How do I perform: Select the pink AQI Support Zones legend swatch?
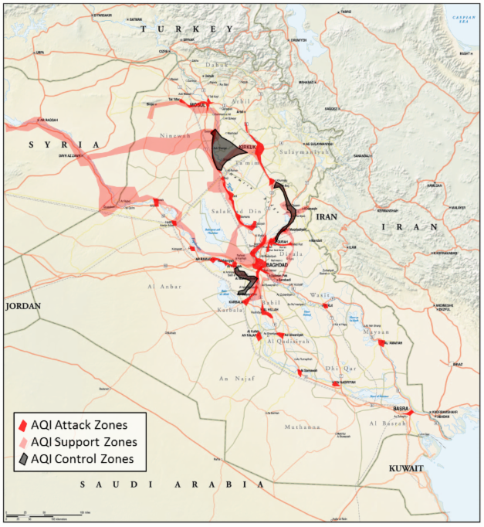click(x=24, y=443)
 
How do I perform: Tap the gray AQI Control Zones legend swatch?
click(x=24, y=460)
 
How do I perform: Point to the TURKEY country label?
click(x=185, y=28)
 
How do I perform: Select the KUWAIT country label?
click(x=406, y=469)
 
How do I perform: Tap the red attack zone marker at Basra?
click(x=411, y=413)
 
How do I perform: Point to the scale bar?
click(x=46, y=513)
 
